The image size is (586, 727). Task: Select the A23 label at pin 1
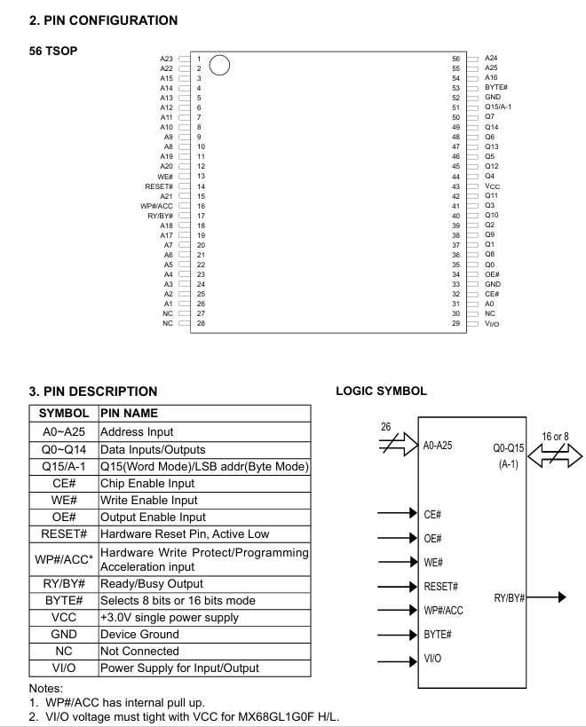[x=166, y=59]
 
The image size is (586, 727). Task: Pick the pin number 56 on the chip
[x=456, y=59]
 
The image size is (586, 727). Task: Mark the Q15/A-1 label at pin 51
[x=498, y=107]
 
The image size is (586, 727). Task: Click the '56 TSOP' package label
[x=53, y=50]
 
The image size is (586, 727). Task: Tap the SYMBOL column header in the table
[x=64, y=413]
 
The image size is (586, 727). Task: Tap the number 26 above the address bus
[x=386, y=428]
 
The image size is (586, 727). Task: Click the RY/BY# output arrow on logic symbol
[x=547, y=597]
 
